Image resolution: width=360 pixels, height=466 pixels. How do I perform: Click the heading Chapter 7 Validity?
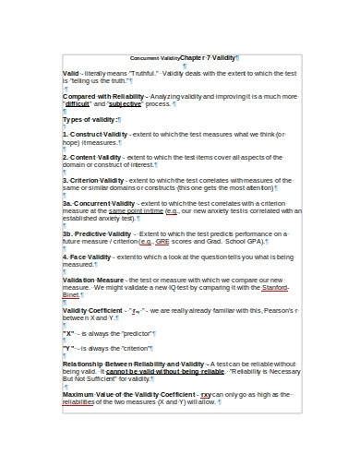(208, 57)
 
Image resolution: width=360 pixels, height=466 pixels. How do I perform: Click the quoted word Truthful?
(144, 72)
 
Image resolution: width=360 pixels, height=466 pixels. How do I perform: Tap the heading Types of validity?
(90, 119)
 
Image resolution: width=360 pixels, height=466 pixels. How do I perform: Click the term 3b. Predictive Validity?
(98, 233)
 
